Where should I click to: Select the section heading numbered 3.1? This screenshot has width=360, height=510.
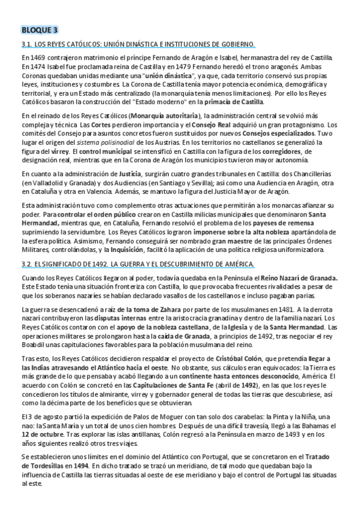coord(138,44)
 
